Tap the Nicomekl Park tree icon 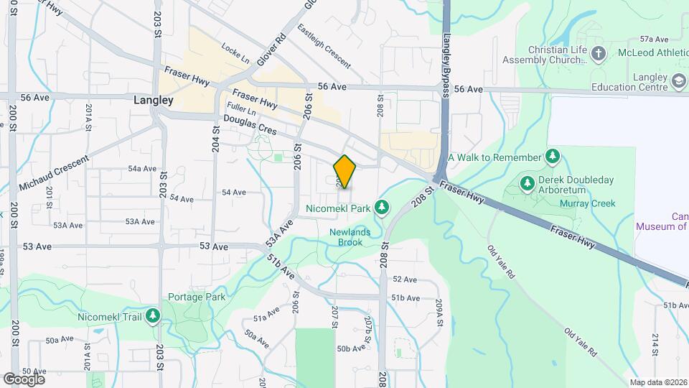(383, 208)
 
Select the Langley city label (154, 101)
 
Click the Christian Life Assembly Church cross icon (599, 54)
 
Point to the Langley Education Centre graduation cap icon (678, 82)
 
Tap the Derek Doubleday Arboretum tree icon (528, 183)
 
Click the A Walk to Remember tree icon (552, 157)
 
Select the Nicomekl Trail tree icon (153, 316)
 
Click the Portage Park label (197, 297)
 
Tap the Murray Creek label (593, 203)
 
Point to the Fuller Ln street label (242, 111)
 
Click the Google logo (24, 379)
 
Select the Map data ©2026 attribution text (658, 382)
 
